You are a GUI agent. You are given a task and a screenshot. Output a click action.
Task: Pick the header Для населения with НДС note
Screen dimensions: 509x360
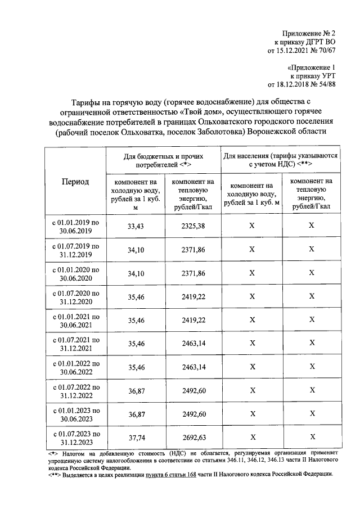point(281,160)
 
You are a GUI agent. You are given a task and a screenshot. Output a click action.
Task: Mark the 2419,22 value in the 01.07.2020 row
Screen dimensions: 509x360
point(193,296)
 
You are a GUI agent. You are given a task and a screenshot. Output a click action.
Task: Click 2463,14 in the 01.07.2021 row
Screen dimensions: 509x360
point(193,343)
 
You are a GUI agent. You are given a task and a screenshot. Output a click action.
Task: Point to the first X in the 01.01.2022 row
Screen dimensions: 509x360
point(252,367)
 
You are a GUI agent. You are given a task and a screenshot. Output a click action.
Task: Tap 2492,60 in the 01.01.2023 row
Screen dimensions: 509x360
point(193,414)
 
